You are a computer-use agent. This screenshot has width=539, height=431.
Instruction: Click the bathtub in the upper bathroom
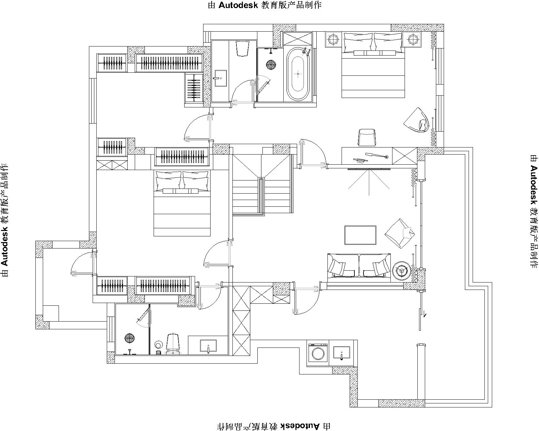click(x=298, y=74)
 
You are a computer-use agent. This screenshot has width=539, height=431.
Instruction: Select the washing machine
click(x=318, y=352)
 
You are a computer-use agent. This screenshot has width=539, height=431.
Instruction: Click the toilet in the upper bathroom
click(x=243, y=48)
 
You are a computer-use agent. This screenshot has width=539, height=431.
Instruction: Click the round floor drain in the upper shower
click(x=271, y=65)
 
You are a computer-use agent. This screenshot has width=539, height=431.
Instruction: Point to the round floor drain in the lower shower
click(x=130, y=338)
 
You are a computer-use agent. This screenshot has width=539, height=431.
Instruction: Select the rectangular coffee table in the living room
click(x=360, y=235)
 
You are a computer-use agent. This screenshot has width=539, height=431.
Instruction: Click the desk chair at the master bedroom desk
click(x=367, y=137)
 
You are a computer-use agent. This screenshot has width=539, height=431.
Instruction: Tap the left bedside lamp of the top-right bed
click(x=334, y=39)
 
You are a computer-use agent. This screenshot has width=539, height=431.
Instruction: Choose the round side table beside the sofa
click(x=401, y=271)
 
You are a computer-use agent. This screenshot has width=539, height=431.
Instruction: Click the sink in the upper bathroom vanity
click(x=220, y=78)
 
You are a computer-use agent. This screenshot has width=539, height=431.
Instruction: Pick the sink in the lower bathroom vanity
click(x=208, y=346)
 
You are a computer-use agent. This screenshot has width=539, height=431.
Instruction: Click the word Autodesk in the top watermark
click(x=238, y=5)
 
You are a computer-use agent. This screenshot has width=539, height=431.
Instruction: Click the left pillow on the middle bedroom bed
click(x=168, y=180)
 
